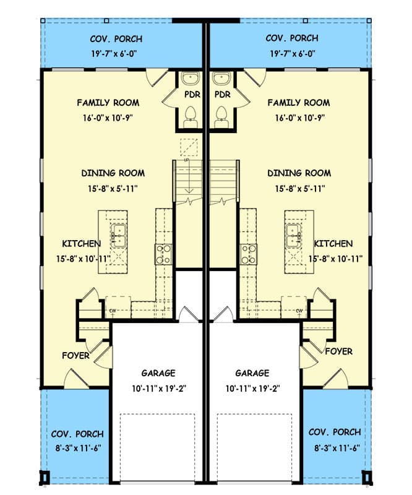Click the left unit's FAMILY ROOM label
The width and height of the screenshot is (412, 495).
108,103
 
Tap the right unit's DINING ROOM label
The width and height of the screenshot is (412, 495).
299,173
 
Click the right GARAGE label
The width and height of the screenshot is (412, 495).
252,373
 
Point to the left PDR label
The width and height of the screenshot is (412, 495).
191,95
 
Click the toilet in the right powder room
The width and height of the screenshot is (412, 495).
220,115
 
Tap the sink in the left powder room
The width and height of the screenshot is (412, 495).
191,80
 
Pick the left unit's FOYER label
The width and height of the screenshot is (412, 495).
76,356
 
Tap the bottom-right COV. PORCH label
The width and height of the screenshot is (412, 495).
334,433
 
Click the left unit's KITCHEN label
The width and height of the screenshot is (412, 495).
82,244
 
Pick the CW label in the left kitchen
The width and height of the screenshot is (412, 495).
113,310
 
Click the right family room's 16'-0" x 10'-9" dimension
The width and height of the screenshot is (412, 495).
299,116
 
